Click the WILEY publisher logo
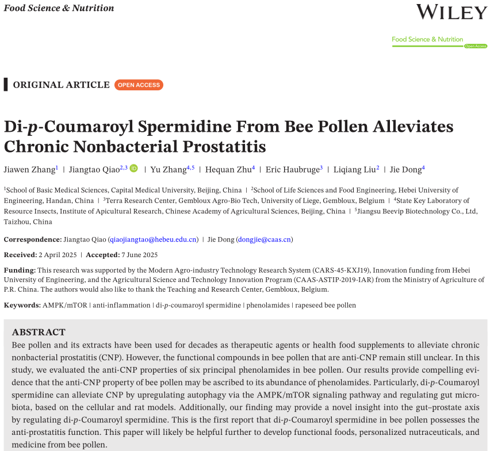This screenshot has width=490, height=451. pos(451,12)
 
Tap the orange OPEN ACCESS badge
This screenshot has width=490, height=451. pos(139,85)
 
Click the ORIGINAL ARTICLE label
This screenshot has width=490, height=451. pos(62,85)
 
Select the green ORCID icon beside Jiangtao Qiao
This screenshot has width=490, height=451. pos(134,169)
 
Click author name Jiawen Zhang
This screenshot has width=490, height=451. pos(29,169)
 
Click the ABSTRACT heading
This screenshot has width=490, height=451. pos(39,332)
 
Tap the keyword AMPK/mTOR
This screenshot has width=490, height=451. pos(65,305)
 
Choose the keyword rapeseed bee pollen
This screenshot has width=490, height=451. pos(326,305)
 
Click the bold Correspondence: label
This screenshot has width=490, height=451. pos(33,239)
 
